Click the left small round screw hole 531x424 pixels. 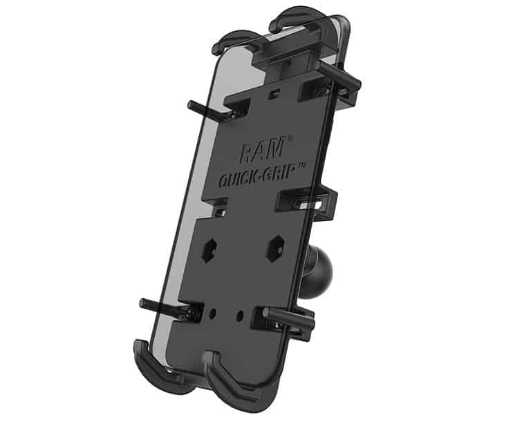tap(213, 314)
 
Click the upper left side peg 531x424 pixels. tap(205, 111)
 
